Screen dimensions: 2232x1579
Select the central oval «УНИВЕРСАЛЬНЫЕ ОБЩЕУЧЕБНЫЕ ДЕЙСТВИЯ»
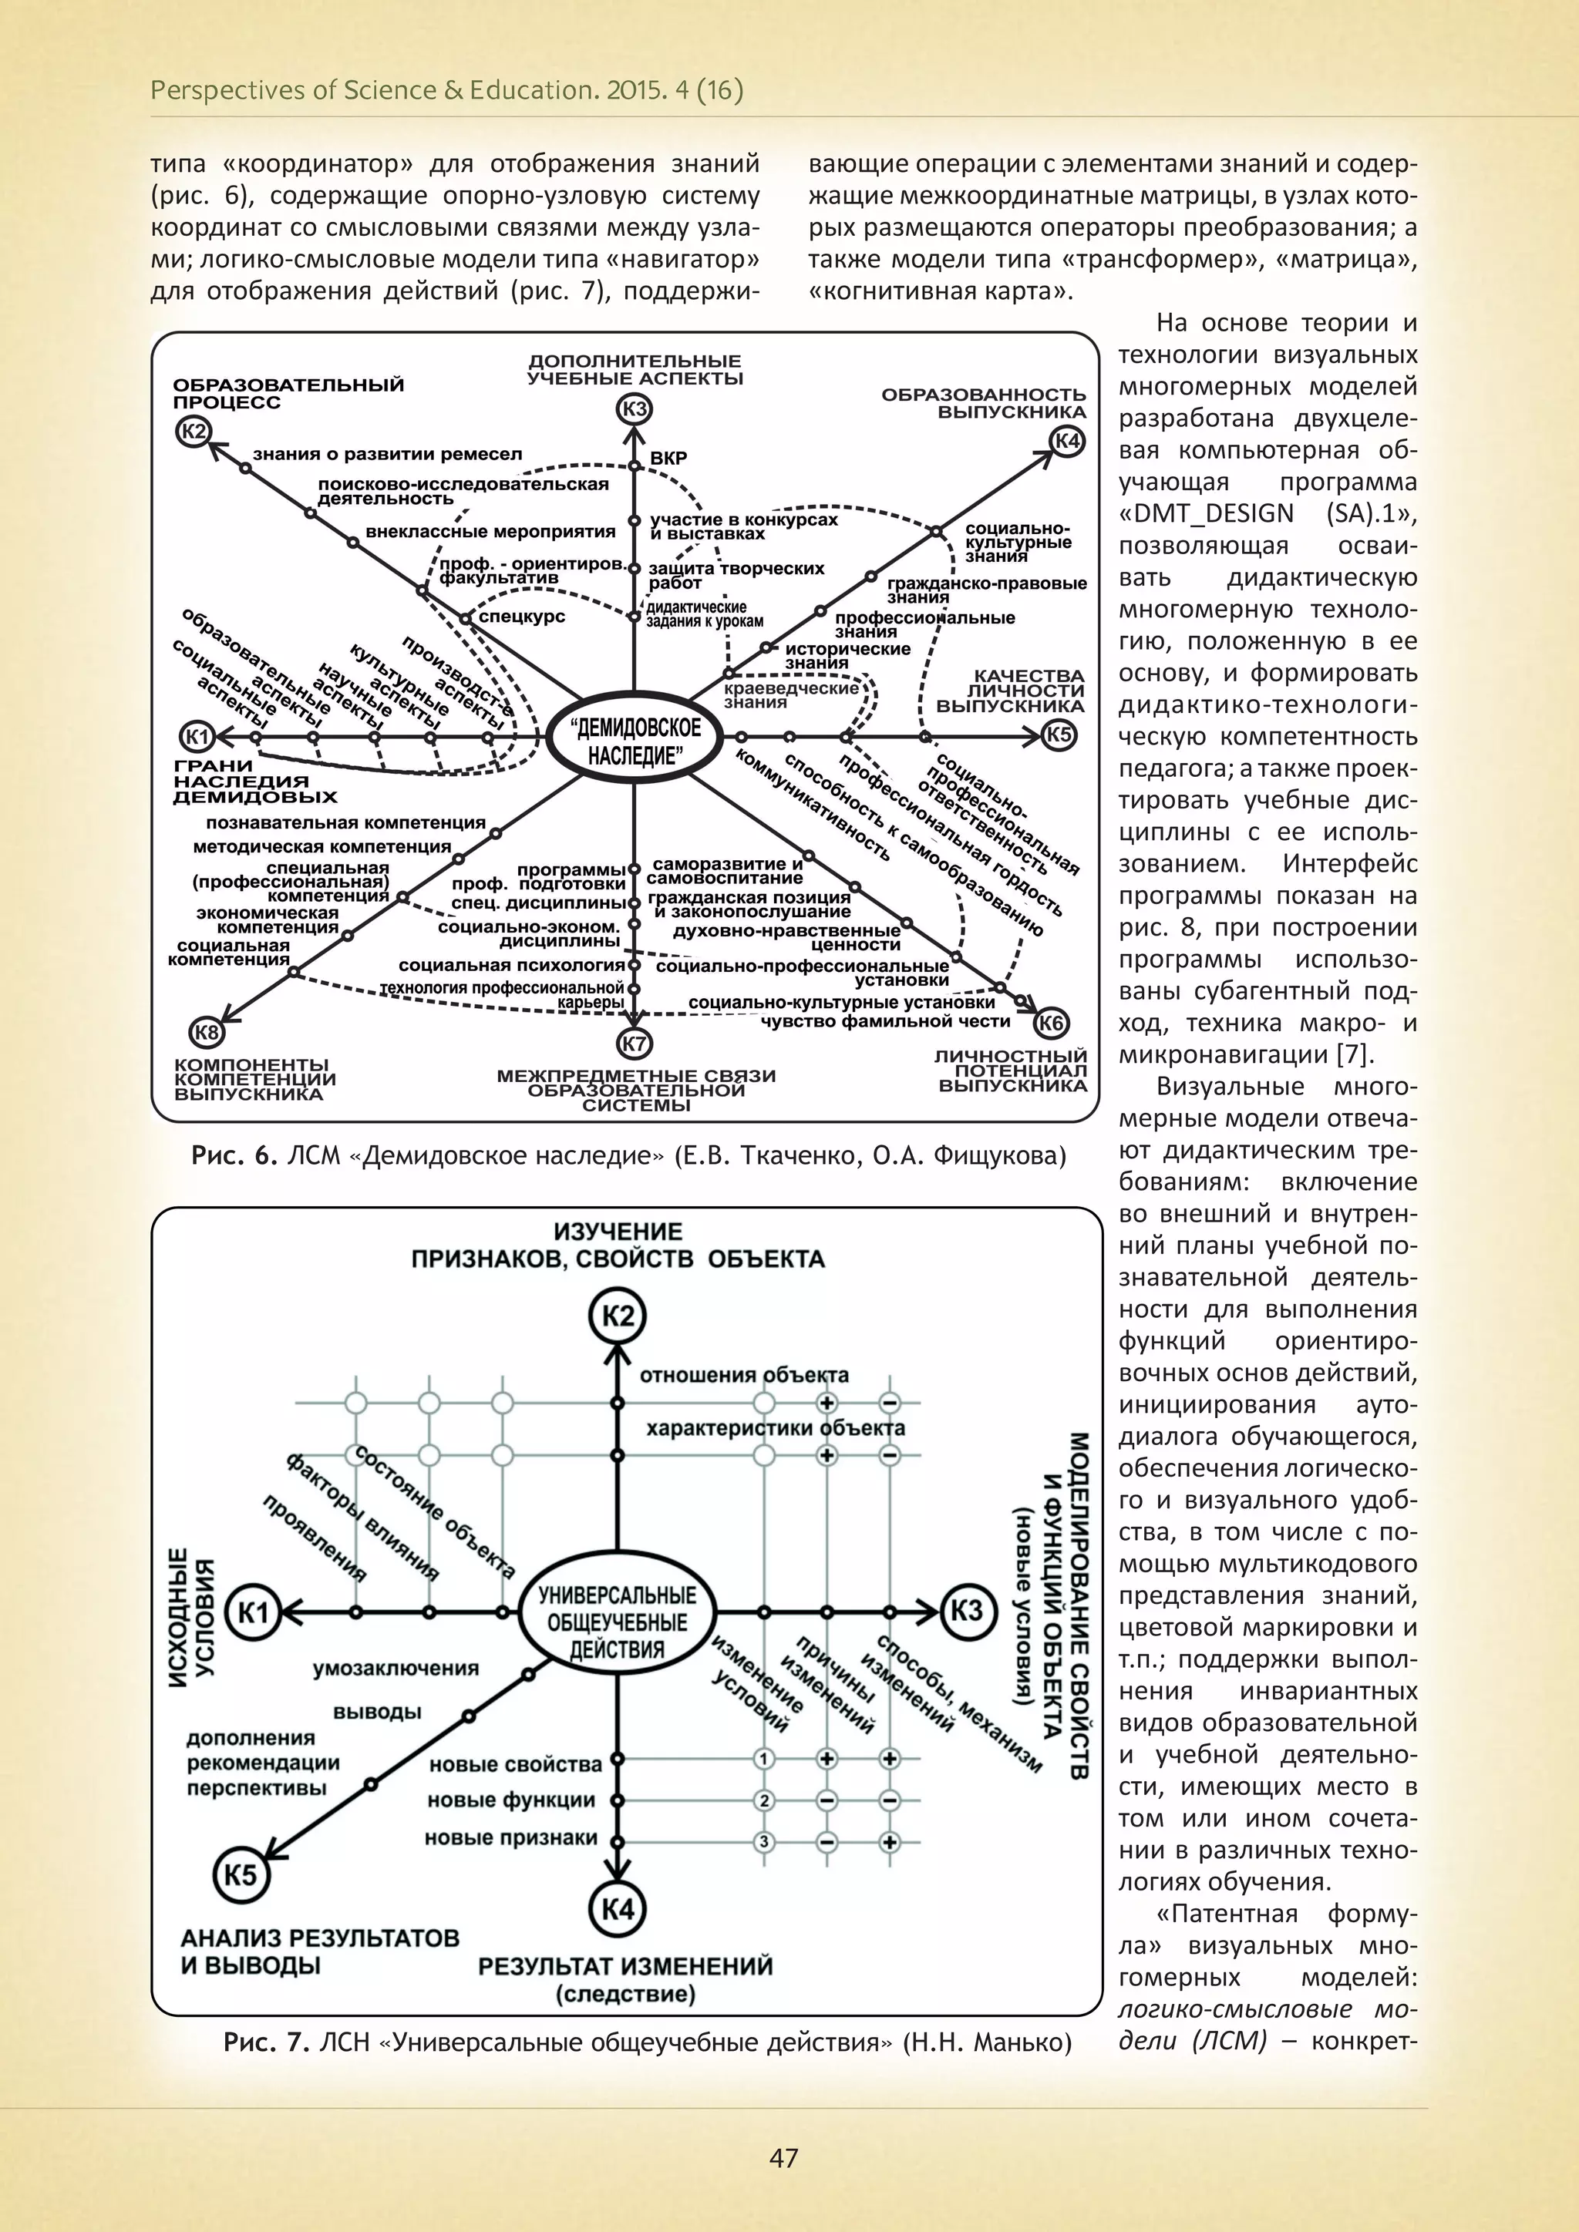617,1622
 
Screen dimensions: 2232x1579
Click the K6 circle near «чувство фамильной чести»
1051,1023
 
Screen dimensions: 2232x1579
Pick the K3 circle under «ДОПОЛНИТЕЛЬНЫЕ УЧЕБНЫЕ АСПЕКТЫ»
634,409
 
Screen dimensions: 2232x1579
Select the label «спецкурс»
521,617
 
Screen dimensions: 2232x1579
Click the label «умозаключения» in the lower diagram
396,1668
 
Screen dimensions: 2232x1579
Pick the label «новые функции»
510,1800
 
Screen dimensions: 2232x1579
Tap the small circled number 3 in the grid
764,1841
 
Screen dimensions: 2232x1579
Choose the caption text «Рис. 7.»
265,2042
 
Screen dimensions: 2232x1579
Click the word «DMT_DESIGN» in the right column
1206,513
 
